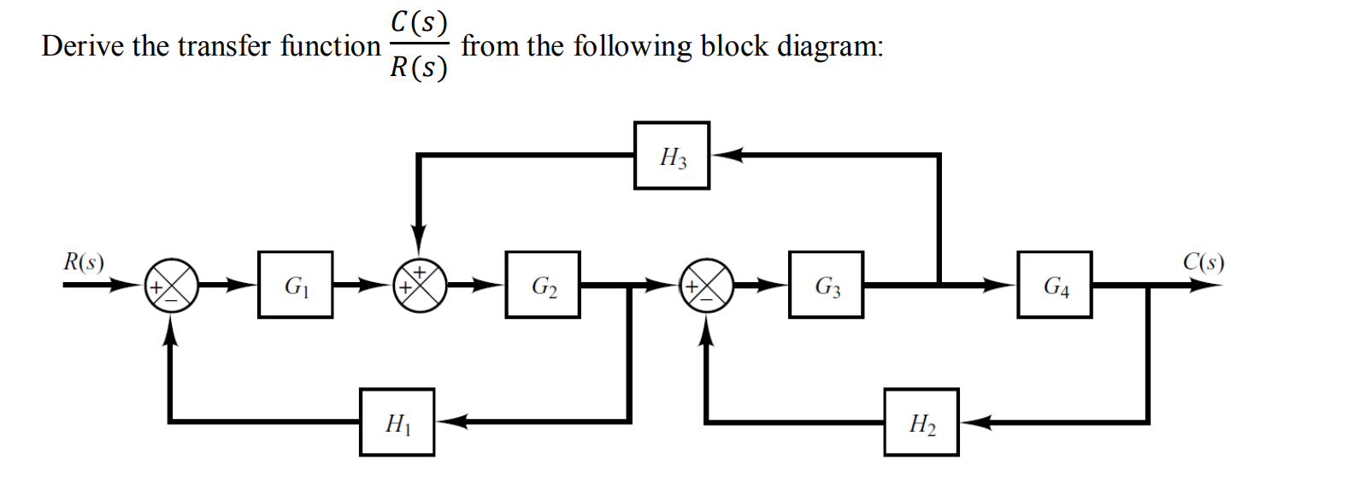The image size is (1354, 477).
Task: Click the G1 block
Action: pyautogui.click(x=295, y=285)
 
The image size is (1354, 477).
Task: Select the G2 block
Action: pyautogui.click(x=543, y=285)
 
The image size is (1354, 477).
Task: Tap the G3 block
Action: pyautogui.click(x=826, y=285)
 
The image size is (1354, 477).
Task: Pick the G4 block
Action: pyautogui.click(x=1054, y=285)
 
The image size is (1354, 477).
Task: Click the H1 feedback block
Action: pyautogui.click(x=397, y=421)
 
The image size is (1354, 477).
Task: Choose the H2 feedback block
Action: pyautogui.click(x=921, y=421)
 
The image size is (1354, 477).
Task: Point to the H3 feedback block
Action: pyautogui.click(x=671, y=156)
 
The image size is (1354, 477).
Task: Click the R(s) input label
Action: pyautogui.click(x=84, y=262)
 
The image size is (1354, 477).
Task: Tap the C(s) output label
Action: pyautogui.click(x=1203, y=262)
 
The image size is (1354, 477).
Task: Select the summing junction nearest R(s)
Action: pyautogui.click(x=172, y=285)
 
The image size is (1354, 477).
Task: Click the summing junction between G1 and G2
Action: pyautogui.click(x=419, y=285)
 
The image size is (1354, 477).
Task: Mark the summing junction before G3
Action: pyautogui.click(x=706, y=285)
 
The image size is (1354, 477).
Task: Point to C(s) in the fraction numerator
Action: pyautogui.click(x=419, y=22)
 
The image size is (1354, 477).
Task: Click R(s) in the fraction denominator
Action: pyautogui.click(x=419, y=68)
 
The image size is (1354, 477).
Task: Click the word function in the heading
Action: pyautogui.click(x=330, y=46)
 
